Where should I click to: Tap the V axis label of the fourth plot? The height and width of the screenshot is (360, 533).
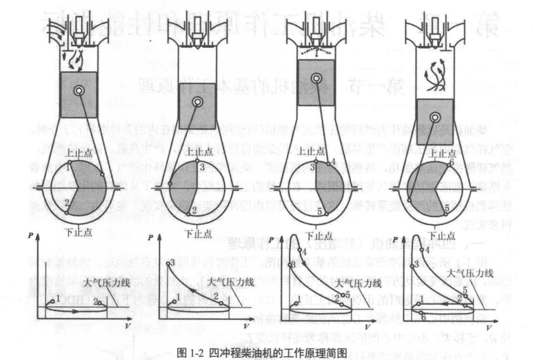(x=487, y=325)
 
